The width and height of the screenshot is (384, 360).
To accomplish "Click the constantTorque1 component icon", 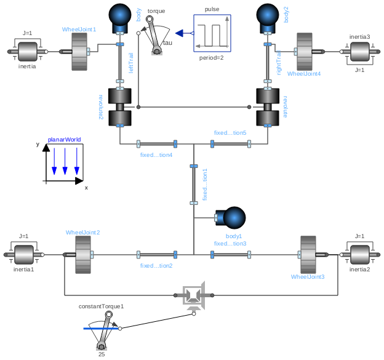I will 105,329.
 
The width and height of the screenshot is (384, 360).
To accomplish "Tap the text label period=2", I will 212,57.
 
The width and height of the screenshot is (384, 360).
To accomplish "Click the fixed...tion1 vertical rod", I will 194,185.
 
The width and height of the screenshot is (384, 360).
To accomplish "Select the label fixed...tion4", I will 156,154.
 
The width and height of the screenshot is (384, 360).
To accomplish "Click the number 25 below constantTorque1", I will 102,354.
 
